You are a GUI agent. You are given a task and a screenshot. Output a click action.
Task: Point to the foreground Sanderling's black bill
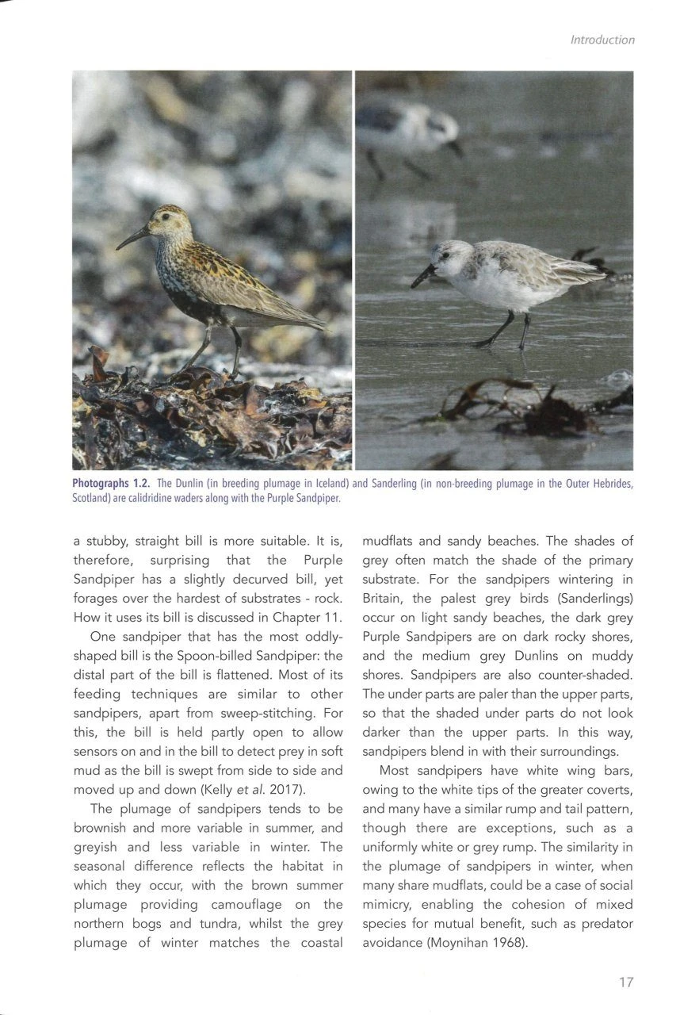[422, 277]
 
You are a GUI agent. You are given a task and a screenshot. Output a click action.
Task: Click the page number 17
[625, 982]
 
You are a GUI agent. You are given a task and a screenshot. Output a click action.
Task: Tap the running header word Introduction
[602, 40]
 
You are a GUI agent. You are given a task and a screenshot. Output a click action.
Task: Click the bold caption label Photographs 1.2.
[112, 484]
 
